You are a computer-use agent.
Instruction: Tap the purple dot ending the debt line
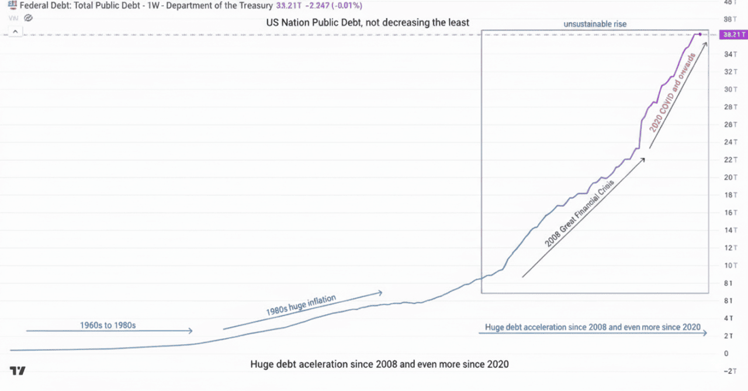[700, 34]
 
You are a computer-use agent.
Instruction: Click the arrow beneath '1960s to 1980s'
[109, 331]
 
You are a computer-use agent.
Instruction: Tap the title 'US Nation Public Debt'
[368, 23]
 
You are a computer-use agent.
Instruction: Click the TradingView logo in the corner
[18, 371]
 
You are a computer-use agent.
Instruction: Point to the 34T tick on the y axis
[729, 54]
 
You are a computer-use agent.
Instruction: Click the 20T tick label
[729, 177]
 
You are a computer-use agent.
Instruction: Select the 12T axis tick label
[729, 247]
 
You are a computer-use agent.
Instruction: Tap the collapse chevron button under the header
[14, 32]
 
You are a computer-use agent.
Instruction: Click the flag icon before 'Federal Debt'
[12, 6]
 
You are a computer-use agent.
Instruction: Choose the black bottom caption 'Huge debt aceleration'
[379, 364]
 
